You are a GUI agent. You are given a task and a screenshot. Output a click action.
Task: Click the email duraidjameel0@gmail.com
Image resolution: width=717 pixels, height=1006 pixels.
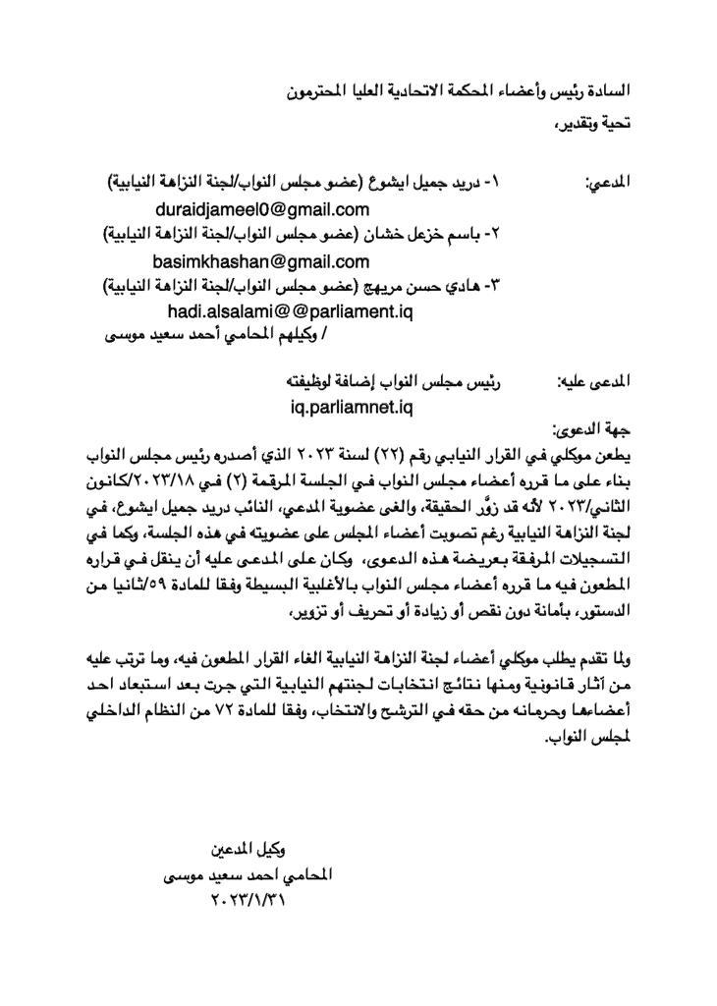click(262, 209)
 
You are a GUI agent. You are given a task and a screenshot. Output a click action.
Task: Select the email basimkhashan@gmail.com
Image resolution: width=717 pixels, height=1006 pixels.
click(261, 261)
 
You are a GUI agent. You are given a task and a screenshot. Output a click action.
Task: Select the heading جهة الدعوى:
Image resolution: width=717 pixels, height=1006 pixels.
click(590, 429)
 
